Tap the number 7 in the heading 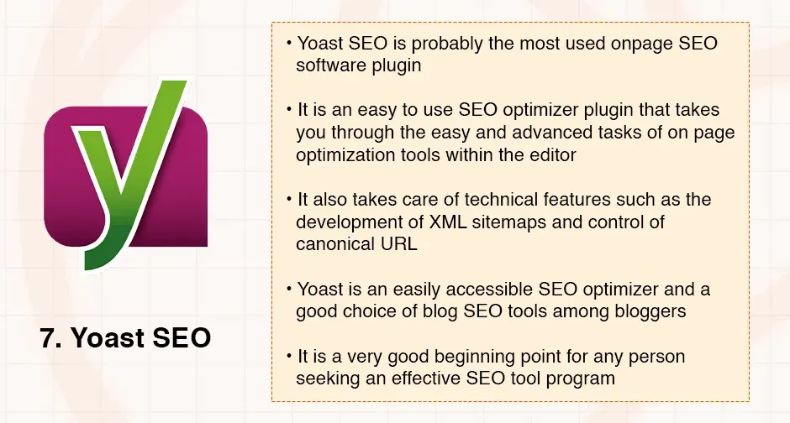click(x=48, y=338)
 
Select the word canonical click(x=334, y=244)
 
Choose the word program click(x=582, y=379)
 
